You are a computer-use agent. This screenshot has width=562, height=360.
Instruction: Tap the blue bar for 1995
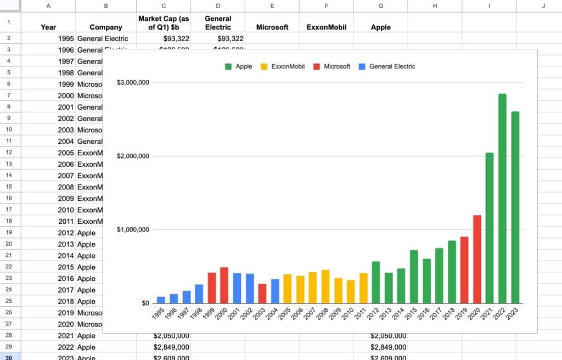[161, 300]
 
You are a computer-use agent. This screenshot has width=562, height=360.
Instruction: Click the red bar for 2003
[262, 293]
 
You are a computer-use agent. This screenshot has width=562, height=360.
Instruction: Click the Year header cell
[48, 27]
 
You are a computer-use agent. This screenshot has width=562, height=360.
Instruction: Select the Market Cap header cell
[164, 22]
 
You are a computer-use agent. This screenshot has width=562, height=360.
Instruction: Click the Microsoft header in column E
[272, 27]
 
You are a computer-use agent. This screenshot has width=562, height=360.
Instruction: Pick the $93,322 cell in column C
[164, 38]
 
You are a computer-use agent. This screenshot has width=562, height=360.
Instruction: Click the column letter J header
[543, 6]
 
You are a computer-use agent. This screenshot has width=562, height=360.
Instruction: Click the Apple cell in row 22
[87, 267]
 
